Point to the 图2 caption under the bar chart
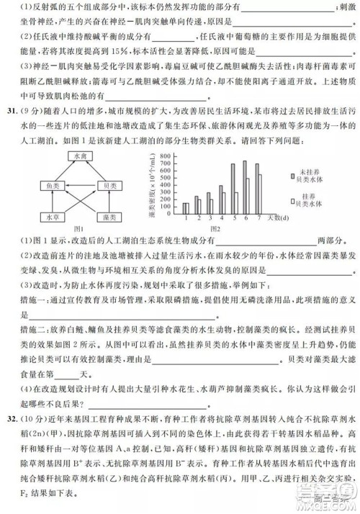[x=210, y=228]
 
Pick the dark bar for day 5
[x=232, y=189]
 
